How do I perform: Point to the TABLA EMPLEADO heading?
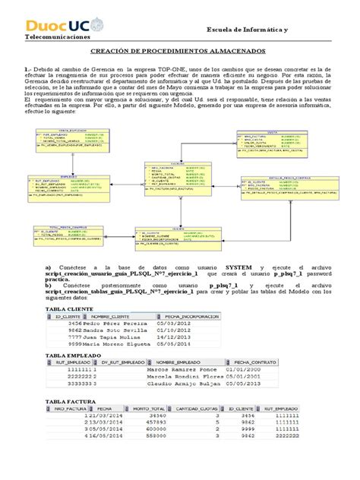(x=76, y=355)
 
